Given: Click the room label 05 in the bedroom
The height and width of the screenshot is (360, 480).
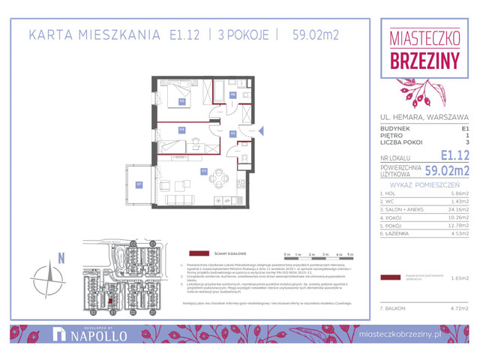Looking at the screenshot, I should tap(181, 100).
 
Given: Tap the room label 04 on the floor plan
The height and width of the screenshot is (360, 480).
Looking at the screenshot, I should tap(181, 129).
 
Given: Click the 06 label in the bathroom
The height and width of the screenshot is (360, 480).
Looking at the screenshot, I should tap(233, 94).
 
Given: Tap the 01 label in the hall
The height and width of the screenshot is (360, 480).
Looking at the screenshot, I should tap(233, 133).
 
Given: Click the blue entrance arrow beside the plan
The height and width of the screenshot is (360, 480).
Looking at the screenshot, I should tap(261, 130).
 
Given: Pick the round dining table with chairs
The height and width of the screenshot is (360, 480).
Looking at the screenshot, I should tap(217, 178).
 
